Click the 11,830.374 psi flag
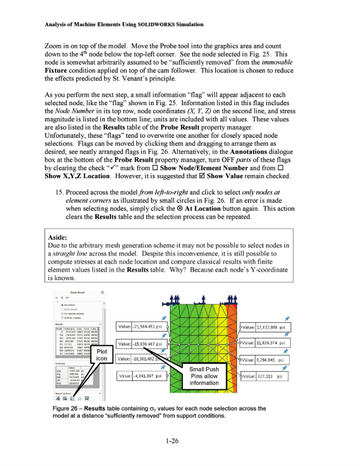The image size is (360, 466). [x=265, y=343]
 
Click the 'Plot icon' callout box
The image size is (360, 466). [x=102, y=355]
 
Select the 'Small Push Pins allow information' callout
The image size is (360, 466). [x=204, y=376]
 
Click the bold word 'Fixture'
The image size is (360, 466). [x=59, y=71]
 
